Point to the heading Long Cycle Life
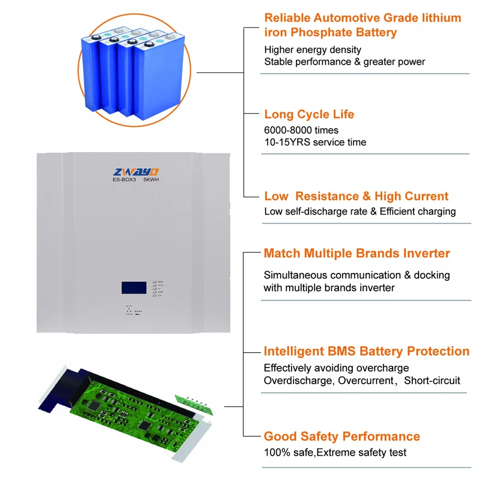coord(309,114)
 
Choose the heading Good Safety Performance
coord(342,437)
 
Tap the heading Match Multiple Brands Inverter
coord(357,253)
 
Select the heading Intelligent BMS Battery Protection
coord(367,351)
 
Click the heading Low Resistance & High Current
coord(356,196)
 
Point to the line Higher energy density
coord(313,49)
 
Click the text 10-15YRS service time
coord(315,142)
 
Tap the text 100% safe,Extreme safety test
coord(335,452)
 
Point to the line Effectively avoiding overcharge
coord(336,368)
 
